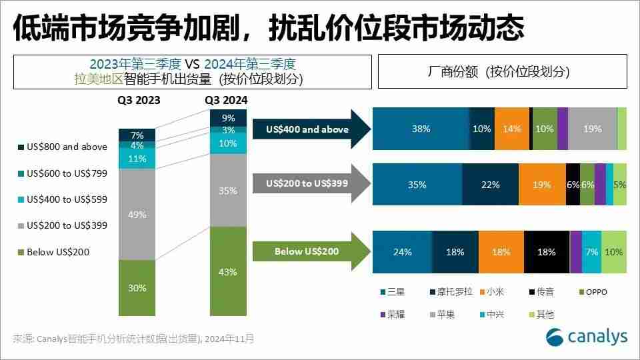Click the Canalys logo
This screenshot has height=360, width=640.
click(x=586, y=337)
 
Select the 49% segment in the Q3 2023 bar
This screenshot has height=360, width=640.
click(x=137, y=213)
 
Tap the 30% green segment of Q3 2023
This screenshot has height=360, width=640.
click(x=137, y=287)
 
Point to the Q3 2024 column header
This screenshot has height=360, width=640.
click(x=226, y=101)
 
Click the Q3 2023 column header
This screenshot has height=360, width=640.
click(x=137, y=101)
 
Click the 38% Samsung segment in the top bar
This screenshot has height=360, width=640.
click(x=421, y=129)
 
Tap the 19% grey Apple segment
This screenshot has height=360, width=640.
click(x=592, y=129)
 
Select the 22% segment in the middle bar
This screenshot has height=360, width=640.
click(x=490, y=185)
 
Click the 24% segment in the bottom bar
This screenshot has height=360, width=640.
click(x=402, y=252)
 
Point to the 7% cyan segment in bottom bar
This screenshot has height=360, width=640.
click(x=591, y=252)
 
